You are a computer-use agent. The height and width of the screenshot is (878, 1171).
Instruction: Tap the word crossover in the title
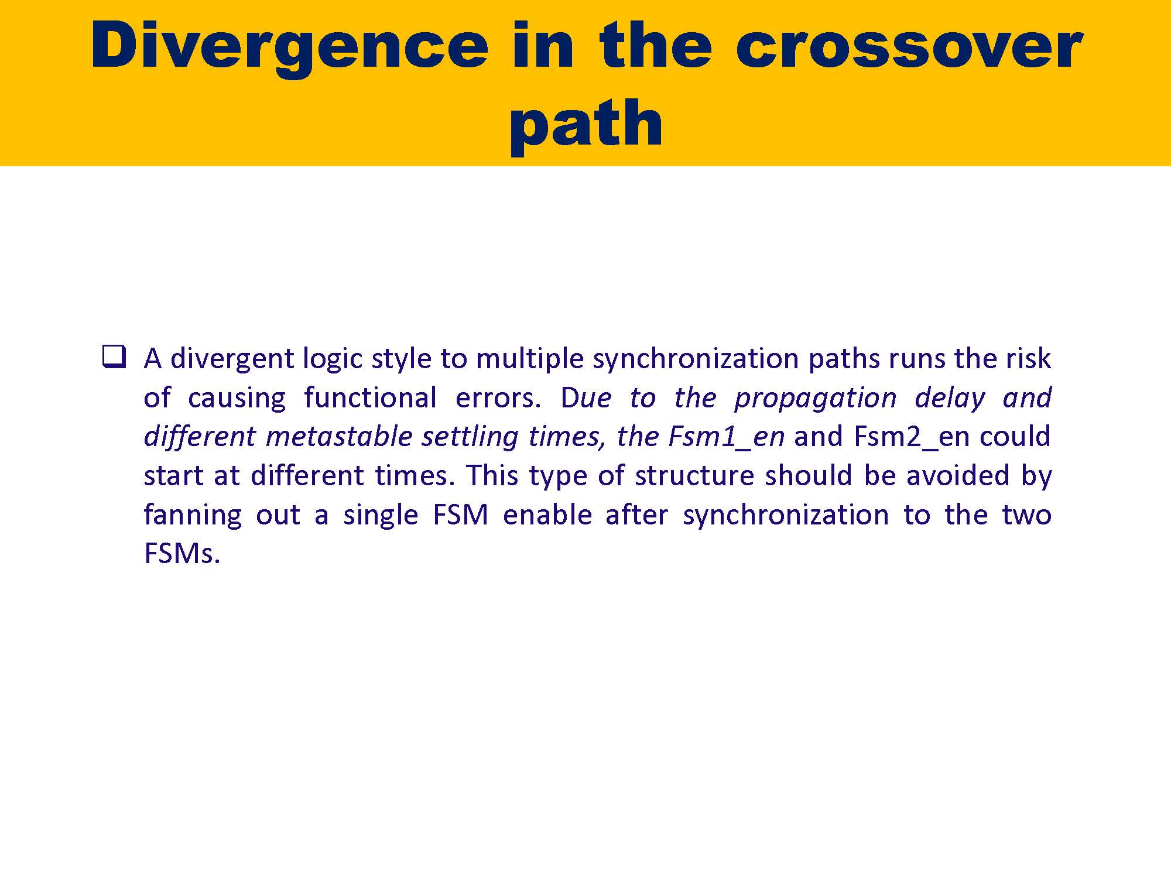[909, 47]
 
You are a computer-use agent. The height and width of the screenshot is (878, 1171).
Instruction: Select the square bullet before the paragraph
[114, 356]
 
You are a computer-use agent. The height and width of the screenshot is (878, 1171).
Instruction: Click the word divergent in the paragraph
[232, 358]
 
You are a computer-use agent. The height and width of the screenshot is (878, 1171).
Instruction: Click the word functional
[370, 397]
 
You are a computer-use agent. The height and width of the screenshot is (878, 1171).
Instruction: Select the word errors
[498, 398]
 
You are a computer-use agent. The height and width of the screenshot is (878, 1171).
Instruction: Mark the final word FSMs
[182, 553]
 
